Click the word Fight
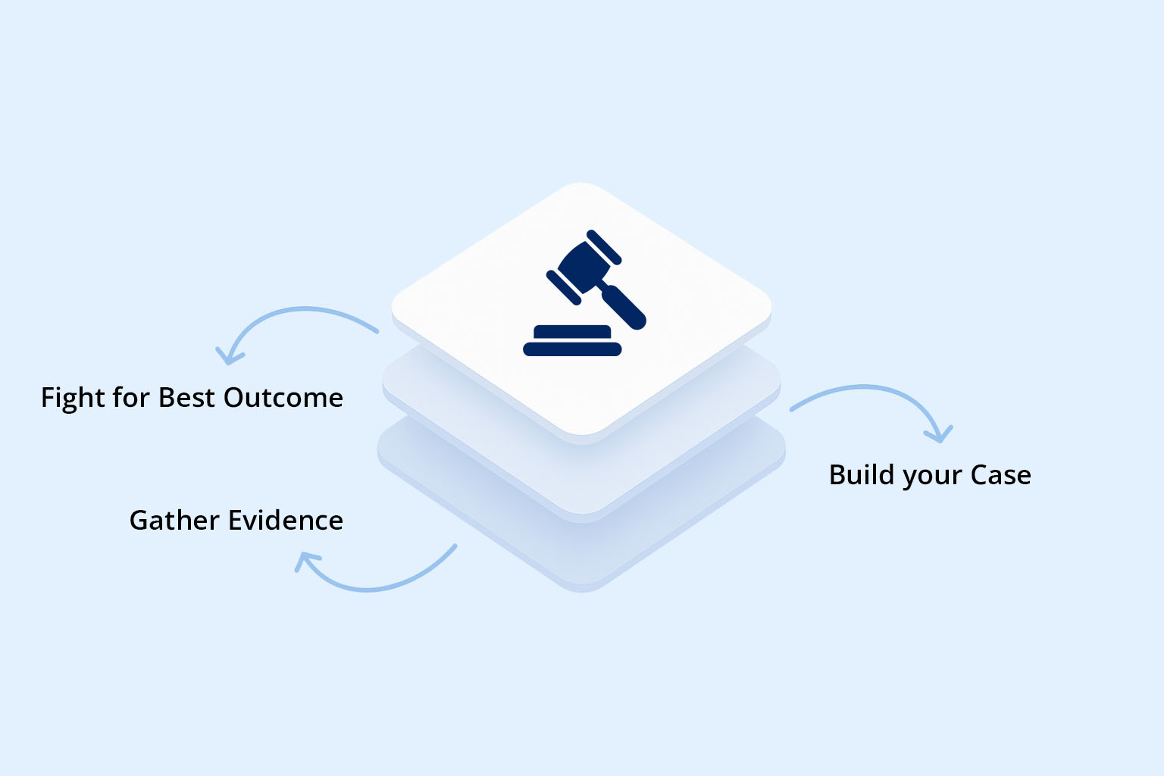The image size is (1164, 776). click(73, 398)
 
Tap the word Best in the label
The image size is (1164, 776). click(186, 398)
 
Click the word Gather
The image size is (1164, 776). click(174, 521)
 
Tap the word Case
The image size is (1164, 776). click(1000, 475)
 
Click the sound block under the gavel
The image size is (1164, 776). click(572, 341)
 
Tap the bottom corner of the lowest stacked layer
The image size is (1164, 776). click(582, 589)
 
